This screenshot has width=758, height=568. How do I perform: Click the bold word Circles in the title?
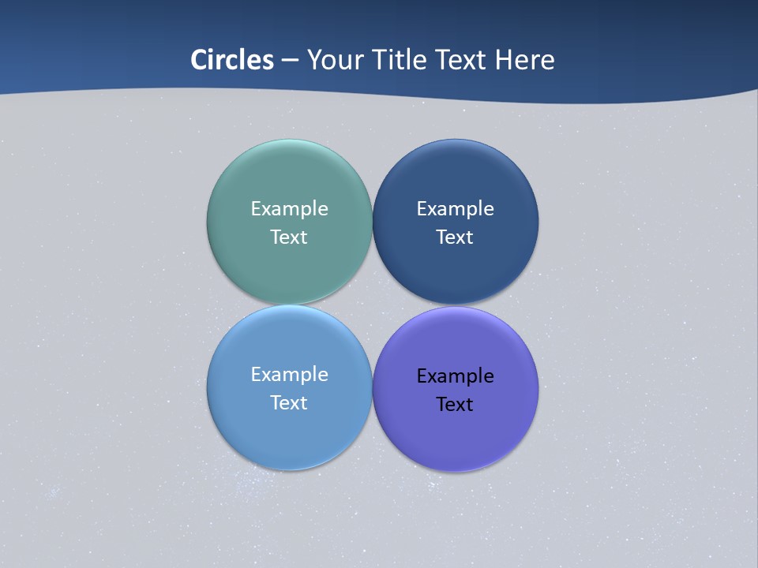[232, 60]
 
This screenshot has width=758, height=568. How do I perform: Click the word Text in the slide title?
[462, 60]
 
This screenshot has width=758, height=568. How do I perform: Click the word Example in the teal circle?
[289, 209]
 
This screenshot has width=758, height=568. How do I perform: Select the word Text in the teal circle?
[289, 237]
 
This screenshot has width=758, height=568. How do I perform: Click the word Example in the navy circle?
[455, 209]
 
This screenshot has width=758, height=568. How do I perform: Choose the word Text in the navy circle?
[455, 237]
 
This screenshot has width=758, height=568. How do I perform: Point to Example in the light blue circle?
[289, 375]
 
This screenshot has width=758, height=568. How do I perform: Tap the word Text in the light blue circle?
[289, 402]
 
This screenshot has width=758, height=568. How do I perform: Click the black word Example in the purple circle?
[455, 376]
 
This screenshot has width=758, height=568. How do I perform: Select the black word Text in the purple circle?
[455, 404]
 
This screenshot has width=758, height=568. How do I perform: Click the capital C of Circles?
[198, 60]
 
